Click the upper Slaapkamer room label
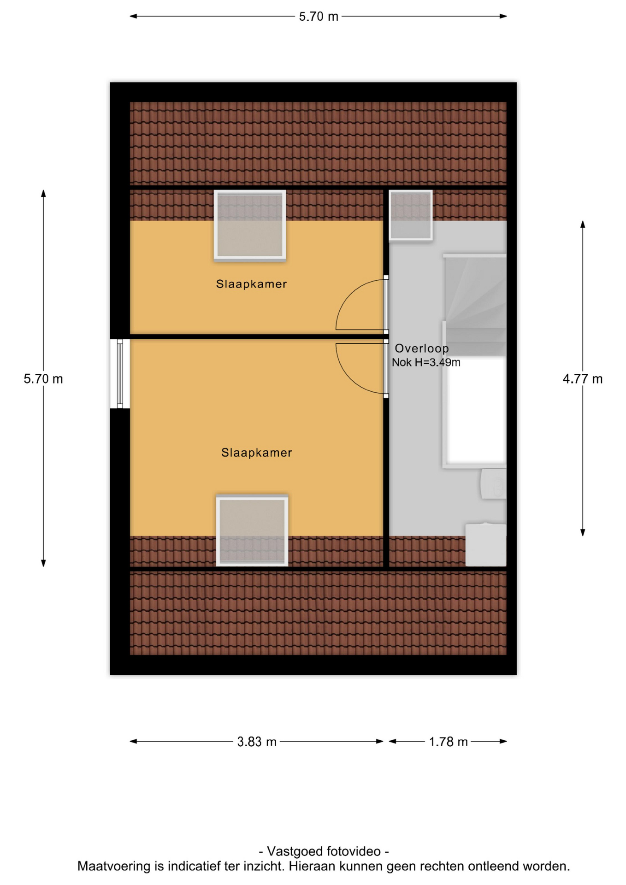(x=251, y=284)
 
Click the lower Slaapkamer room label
(x=256, y=453)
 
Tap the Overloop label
(x=421, y=348)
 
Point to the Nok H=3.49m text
(x=426, y=362)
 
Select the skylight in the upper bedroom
(x=250, y=226)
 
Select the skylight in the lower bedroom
(x=252, y=531)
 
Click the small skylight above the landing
(x=411, y=215)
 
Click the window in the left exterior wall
(x=120, y=374)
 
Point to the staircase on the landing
(x=475, y=304)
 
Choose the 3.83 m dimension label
(x=257, y=742)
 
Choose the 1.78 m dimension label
(x=448, y=742)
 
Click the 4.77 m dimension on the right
(x=583, y=379)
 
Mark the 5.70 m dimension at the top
(x=319, y=17)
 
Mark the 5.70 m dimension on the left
(x=43, y=379)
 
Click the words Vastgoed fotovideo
(x=324, y=851)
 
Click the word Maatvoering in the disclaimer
(x=114, y=867)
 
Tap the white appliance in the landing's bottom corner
(x=486, y=544)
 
